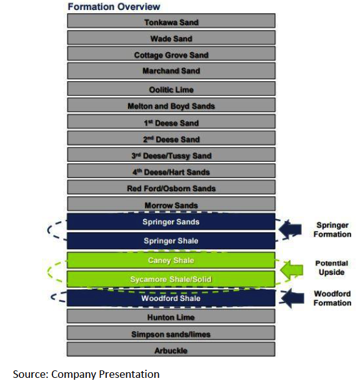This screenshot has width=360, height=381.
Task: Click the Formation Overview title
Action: point(114,7)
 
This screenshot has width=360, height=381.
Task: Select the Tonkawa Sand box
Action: point(171,21)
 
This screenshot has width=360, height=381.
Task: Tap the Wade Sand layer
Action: point(171,37)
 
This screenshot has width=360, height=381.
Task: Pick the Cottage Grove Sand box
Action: point(171,54)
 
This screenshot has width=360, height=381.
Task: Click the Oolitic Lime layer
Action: point(171,89)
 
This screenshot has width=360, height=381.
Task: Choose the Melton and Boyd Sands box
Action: point(171,105)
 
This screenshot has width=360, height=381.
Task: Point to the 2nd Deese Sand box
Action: point(171,138)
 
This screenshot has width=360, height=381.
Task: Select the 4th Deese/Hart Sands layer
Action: point(171,171)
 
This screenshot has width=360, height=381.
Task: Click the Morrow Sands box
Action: point(171,204)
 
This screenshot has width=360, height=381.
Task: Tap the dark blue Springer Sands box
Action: point(171,222)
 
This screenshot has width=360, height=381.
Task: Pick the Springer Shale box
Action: point(171,241)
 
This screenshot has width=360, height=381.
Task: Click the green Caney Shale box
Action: point(171,260)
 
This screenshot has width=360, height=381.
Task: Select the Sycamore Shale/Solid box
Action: point(171,279)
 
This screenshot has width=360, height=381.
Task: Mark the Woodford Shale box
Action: point(171,298)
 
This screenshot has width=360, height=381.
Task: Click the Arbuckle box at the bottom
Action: point(171,349)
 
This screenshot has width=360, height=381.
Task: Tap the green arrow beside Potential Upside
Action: point(291,270)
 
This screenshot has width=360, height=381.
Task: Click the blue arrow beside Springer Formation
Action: point(290,229)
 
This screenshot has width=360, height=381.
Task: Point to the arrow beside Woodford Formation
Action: point(292,298)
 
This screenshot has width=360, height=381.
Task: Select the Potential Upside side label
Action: point(331,268)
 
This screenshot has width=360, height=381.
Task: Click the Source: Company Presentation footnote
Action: point(86,374)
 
